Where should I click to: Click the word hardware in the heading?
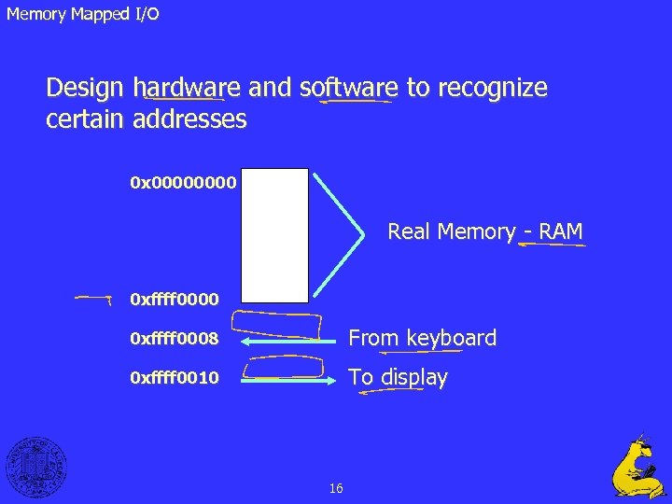pyautogui.click(x=187, y=88)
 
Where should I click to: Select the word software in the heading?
pyautogui.click(x=348, y=88)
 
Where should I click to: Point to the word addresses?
pyautogui.click(x=189, y=119)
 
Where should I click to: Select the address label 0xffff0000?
pyautogui.click(x=175, y=300)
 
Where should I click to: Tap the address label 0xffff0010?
pyautogui.click(x=175, y=379)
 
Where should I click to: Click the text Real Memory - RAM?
pyautogui.click(x=484, y=231)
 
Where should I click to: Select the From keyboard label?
pyautogui.click(x=422, y=338)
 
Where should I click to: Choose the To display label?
pyautogui.click(x=398, y=378)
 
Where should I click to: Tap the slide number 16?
pyautogui.click(x=336, y=488)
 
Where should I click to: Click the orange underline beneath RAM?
pyautogui.click(x=553, y=245)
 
